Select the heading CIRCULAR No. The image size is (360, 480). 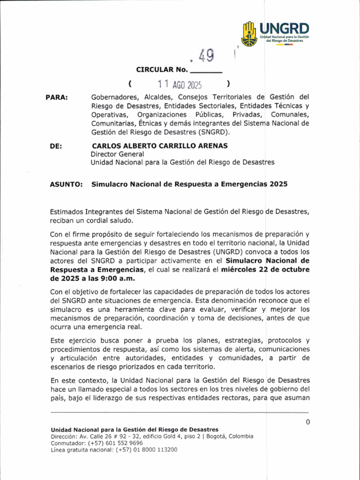(x=161, y=70)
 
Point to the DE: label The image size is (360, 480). (x=55, y=146)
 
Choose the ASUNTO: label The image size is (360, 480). (x=66, y=185)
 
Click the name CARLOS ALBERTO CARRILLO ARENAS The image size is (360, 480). (x=160, y=146)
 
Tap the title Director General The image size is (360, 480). (x=117, y=154)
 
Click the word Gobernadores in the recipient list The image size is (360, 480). (x=112, y=97)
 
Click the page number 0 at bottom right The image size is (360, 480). (x=307, y=422)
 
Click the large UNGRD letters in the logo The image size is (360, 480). (x=284, y=28)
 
